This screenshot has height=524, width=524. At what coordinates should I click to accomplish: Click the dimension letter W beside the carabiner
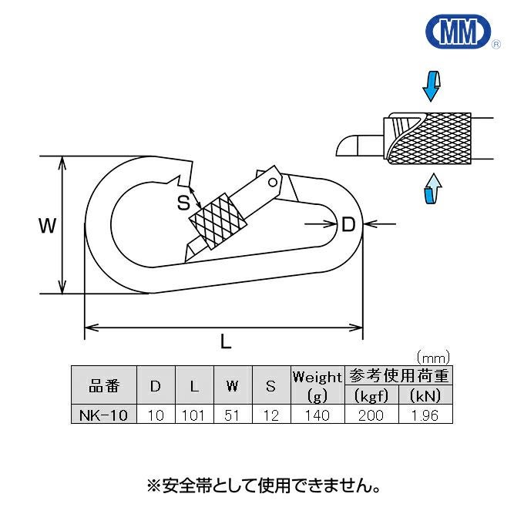coord(47,226)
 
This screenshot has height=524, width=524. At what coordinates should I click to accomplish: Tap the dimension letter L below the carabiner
coord(226,344)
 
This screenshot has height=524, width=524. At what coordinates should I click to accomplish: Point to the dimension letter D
coord(348,225)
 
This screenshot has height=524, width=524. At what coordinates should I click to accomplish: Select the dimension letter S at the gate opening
coord(183,203)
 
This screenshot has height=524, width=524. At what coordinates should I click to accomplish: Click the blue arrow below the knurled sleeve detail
coord(433,188)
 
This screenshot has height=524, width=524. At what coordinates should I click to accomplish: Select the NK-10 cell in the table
coord(102,415)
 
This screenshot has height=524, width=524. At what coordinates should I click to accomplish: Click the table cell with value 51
coord(232,415)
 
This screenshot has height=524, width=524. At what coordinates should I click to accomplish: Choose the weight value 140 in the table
coord(317,415)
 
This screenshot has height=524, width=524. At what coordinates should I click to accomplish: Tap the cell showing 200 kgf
coord(371,415)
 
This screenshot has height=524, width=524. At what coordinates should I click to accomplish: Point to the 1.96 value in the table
coord(424,415)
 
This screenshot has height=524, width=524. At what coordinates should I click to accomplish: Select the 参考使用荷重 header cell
coord(398,376)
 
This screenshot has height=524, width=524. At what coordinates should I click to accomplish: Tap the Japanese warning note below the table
coord(263,486)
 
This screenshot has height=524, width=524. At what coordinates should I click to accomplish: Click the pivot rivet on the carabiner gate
coord(271,182)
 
